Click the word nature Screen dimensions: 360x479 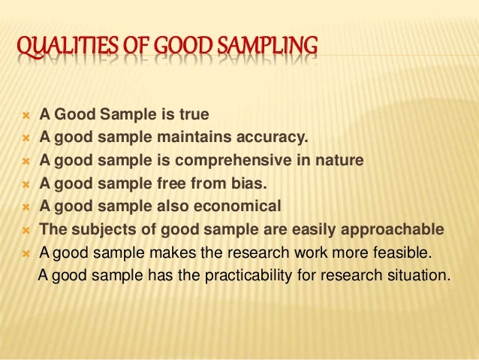(x=342, y=161)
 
